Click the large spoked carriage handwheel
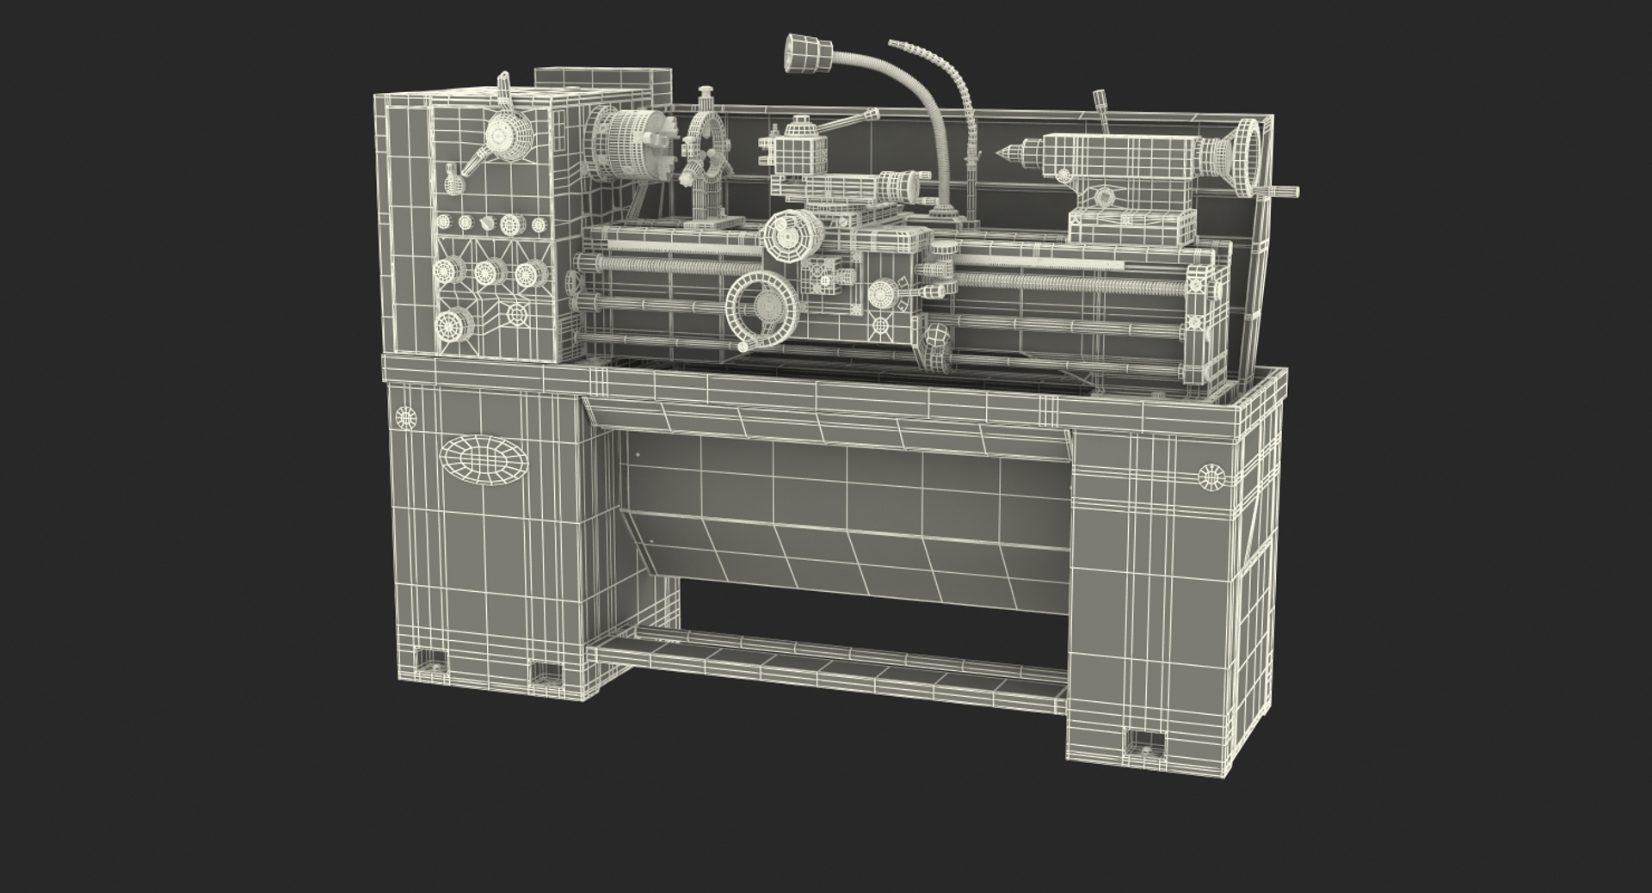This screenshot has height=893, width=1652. point(763,306)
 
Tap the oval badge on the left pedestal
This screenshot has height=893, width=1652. point(484,459)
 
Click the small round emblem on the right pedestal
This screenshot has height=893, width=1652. point(1211,476)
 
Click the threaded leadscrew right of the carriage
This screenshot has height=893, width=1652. point(1067,281)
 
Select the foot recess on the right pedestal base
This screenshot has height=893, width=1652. point(1144,742)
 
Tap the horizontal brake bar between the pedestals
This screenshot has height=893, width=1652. point(826,662)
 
